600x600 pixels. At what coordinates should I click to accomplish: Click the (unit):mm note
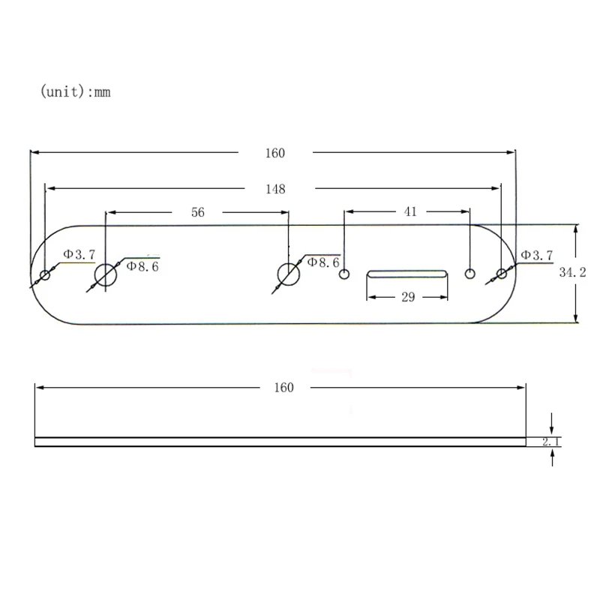tap(75, 92)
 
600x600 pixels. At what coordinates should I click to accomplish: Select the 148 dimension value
tap(275, 189)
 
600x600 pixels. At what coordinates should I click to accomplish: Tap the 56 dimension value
tap(197, 212)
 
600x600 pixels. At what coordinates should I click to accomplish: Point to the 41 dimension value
tap(410, 211)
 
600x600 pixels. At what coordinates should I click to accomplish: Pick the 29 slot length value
tap(408, 298)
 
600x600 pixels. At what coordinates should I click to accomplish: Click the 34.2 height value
tap(571, 273)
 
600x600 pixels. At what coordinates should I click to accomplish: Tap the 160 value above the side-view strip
tap(283, 388)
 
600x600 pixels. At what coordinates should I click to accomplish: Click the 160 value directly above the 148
tap(275, 153)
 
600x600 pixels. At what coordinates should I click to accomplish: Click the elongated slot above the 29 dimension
tap(407, 274)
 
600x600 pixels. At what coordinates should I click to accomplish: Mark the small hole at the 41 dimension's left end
tap(344, 274)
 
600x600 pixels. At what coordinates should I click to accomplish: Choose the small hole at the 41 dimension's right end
tap(471, 274)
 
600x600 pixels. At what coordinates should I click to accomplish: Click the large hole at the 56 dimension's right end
tap(288, 274)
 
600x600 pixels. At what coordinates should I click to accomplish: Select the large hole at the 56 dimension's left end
tap(106, 275)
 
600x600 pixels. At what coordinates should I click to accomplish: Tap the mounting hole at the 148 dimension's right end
tap(501, 274)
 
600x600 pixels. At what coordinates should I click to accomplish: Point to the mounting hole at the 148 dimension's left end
tap(45, 275)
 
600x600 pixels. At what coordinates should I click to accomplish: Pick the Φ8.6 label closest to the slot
tap(323, 262)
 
